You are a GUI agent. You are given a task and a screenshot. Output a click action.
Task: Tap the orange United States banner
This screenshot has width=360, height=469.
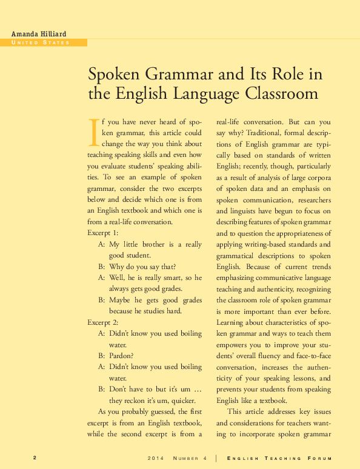tap(44, 42)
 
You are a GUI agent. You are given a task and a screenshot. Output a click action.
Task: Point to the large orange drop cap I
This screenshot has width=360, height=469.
tap(93, 132)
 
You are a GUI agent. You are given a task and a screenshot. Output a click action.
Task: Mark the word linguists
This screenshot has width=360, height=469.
tap(244, 211)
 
